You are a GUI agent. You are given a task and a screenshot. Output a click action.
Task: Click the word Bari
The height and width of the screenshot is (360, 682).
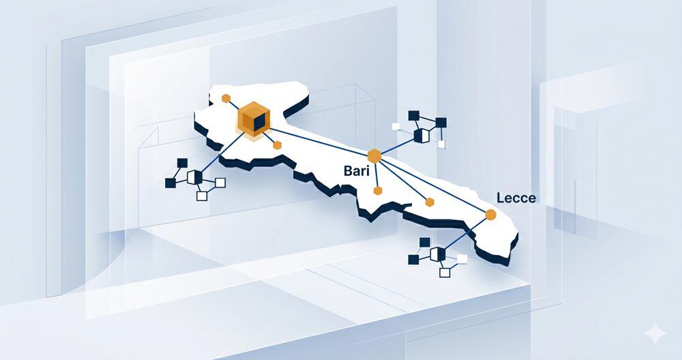click(x=356, y=170)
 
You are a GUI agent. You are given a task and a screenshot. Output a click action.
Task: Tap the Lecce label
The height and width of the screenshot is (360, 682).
click(x=516, y=198)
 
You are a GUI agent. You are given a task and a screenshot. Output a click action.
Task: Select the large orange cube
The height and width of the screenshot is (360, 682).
click(x=254, y=119)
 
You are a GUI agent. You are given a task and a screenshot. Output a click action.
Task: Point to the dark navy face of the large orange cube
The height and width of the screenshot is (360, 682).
click(x=259, y=123)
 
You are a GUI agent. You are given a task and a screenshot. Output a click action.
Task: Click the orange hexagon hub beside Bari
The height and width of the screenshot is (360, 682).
click(x=374, y=156)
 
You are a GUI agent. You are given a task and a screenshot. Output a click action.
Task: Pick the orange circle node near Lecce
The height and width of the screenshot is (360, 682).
click(x=490, y=215)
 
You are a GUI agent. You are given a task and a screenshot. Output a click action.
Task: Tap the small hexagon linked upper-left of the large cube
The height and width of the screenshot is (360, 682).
click(x=226, y=98)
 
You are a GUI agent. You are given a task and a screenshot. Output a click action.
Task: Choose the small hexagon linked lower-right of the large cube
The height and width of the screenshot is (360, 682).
click(x=277, y=145)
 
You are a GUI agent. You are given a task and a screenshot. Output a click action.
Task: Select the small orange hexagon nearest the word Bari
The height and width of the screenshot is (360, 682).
click(x=378, y=190)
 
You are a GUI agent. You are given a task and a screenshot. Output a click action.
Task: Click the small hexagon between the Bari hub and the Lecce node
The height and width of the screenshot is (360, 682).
click(x=430, y=202)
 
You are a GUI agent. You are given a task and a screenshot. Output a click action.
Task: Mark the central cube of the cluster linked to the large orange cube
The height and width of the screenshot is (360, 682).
click(x=194, y=177)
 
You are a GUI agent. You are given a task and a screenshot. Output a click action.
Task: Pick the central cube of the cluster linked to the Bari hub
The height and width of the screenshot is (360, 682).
click(x=421, y=136)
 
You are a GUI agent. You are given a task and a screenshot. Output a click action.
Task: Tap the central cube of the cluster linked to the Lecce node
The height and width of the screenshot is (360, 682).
click(x=438, y=254)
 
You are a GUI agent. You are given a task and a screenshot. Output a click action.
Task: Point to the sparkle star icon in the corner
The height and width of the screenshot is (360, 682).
click(x=655, y=334)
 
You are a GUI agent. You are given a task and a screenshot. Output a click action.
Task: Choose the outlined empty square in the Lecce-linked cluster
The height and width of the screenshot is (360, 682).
click(x=445, y=273)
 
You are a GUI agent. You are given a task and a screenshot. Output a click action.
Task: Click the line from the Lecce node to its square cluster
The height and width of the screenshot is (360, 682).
click(x=465, y=235)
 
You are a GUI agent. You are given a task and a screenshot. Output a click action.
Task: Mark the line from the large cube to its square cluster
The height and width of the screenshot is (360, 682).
click(x=223, y=153)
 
